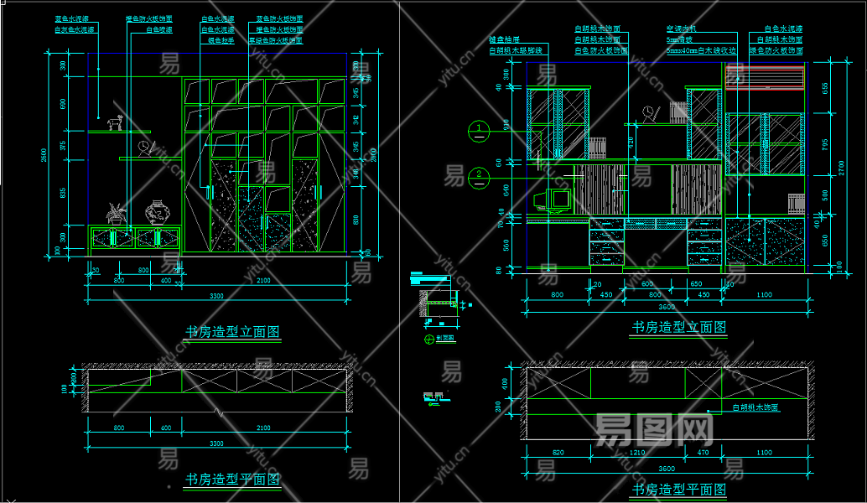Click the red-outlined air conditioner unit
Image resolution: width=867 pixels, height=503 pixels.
coord(765,77)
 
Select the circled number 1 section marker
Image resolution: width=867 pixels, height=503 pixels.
coord(477,129)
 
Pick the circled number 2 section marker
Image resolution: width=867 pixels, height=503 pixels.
coord(477,176)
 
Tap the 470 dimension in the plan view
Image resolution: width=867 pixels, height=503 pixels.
coord(702,454)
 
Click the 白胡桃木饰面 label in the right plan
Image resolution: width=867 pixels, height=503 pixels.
coord(755,408)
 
